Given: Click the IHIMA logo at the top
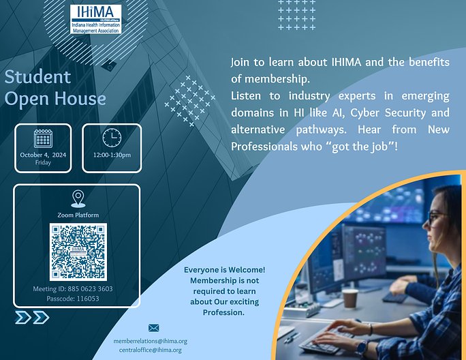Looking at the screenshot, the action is [95, 19].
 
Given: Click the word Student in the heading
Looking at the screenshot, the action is [37, 77].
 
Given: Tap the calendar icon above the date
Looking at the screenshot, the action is [43, 138].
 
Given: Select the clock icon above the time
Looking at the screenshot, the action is [112, 138].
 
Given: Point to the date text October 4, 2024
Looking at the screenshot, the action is [43, 155].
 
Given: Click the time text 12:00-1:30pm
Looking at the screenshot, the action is [112, 155].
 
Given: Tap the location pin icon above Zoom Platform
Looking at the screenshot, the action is [78, 198].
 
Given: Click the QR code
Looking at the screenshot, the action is [78, 252].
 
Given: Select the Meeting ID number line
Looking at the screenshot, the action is [73, 289].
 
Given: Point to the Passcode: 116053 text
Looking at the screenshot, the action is [73, 299].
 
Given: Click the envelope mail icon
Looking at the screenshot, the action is [154, 328].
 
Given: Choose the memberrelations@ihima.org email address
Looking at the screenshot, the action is [151, 342].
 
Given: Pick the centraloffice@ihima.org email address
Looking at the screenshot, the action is [151, 350].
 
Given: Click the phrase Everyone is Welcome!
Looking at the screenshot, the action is [224, 270].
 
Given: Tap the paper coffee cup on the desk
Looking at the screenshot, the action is [350, 298].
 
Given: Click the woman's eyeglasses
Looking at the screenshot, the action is [436, 217].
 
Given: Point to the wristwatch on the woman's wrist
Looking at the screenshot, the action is [362, 348].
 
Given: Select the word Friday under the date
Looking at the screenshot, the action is [43, 162].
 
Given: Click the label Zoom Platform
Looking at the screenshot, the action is [78, 215].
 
